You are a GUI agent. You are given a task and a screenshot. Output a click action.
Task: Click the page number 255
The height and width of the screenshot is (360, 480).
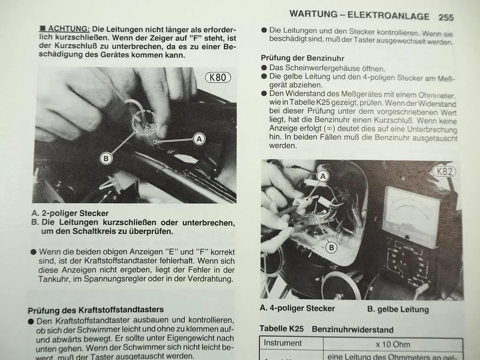(446, 17)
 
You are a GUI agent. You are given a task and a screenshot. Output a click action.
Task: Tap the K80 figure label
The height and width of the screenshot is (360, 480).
(218, 77)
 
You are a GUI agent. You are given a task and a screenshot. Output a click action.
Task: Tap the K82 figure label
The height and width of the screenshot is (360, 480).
(444, 171)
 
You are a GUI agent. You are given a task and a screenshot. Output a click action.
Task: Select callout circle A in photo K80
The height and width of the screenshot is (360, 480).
(199, 139)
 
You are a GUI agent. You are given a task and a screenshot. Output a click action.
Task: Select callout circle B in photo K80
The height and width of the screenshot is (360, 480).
(106, 158)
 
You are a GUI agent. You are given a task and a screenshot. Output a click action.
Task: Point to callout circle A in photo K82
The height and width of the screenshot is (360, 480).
(322, 176)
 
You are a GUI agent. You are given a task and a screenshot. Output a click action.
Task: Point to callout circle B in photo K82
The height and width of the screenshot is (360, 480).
(331, 247)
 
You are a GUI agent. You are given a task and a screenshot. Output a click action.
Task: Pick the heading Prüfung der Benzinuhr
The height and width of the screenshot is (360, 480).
(302, 58)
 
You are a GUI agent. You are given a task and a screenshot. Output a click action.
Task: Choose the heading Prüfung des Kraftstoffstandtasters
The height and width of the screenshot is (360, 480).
(96, 310)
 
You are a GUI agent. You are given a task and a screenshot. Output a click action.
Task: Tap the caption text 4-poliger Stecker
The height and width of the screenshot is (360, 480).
(302, 308)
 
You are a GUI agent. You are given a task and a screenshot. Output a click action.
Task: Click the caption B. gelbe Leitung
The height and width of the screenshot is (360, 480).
(398, 309)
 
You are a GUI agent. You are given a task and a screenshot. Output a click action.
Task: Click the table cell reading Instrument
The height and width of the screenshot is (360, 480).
(283, 343)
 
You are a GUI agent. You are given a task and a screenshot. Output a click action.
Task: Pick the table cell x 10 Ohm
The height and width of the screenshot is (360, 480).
(393, 345)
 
